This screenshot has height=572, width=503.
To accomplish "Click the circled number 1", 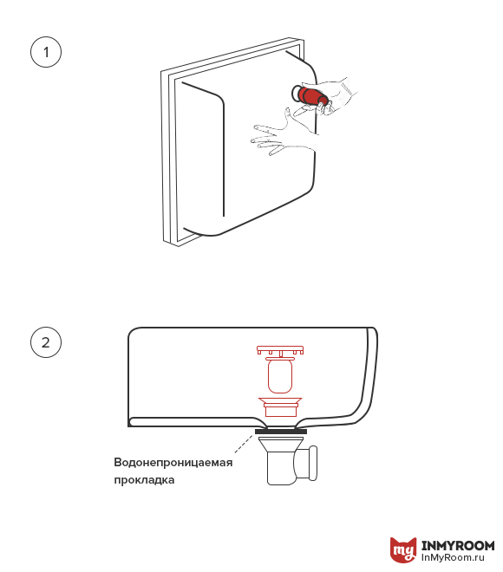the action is coord(46,52).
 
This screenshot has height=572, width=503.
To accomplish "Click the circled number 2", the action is coord(46,342).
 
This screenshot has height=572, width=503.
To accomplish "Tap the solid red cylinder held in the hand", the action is coord(310,95).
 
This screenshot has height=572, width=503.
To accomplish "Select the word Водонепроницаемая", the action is coord(173,462).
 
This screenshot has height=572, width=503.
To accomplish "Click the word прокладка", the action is coord(144,480).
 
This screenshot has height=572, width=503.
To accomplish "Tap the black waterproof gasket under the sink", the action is coord(281,432).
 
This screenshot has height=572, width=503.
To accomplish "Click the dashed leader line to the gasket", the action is coord(244,444).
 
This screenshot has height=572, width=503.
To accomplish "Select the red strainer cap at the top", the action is coord(280,350).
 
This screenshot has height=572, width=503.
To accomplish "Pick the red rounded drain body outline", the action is coord(280,376).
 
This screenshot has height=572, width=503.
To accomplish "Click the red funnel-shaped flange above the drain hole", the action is coord(280,406).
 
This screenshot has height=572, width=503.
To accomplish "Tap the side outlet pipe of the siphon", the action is coord(306,463).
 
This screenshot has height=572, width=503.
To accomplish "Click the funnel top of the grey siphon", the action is coord(281,443).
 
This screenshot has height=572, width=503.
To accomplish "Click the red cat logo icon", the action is coord(403,549).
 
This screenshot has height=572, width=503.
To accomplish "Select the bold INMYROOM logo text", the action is coord(458,545).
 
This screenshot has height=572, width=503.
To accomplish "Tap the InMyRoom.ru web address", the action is coord(453,558).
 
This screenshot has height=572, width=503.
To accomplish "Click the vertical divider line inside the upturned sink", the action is coord(224,157).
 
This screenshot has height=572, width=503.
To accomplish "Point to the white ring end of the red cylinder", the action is coord(296,94).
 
